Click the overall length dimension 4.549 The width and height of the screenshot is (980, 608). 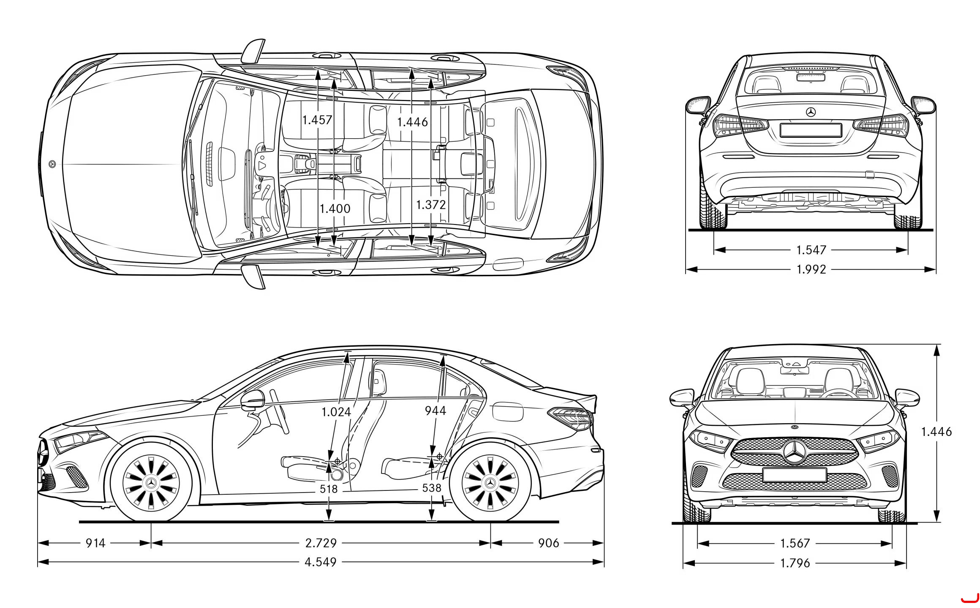coord(321,562)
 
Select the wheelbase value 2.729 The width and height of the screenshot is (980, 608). coord(321,543)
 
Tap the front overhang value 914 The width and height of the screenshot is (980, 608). coord(95,543)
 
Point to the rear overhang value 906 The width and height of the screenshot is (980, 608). coord(549,543)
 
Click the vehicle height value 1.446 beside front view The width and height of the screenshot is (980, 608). coord(936,432)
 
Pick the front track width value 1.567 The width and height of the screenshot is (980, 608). coord(795,543)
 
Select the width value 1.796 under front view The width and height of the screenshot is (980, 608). coord(795,563)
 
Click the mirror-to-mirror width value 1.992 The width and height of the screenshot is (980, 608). coord(811,269)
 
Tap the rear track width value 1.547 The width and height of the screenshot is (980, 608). coord(811,250)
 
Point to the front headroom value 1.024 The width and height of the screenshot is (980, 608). coord(336,412)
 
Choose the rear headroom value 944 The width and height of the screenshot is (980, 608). coord(436,411)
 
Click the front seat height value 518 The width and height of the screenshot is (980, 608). coord(329,489)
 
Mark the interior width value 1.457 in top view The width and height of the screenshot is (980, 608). coord(317,120)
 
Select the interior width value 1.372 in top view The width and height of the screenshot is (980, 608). coord(431,205)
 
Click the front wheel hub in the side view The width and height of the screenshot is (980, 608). coord(151,482)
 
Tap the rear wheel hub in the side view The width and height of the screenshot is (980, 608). coord(490,482)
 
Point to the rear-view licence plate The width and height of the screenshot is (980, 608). coord(810,130)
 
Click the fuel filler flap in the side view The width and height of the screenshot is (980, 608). coord(508,411)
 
